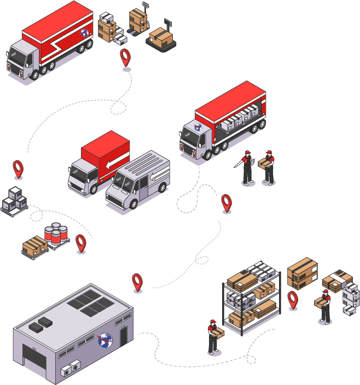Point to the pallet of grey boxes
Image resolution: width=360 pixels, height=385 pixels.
coord(14,201)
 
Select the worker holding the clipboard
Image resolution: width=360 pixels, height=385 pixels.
coord(247,167)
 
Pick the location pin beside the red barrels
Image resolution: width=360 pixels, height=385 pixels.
coord(81,242)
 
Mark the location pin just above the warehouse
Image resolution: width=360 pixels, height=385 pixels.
coord(137,281)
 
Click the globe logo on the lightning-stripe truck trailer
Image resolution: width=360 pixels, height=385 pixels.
coord(85,33)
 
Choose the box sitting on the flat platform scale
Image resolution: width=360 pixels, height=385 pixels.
coord(161,37)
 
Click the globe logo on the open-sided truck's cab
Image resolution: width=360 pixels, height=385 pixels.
coord(198,127)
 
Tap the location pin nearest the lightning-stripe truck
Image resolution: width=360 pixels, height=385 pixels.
coord(126,57)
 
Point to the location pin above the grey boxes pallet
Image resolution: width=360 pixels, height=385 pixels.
coord(19,168)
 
